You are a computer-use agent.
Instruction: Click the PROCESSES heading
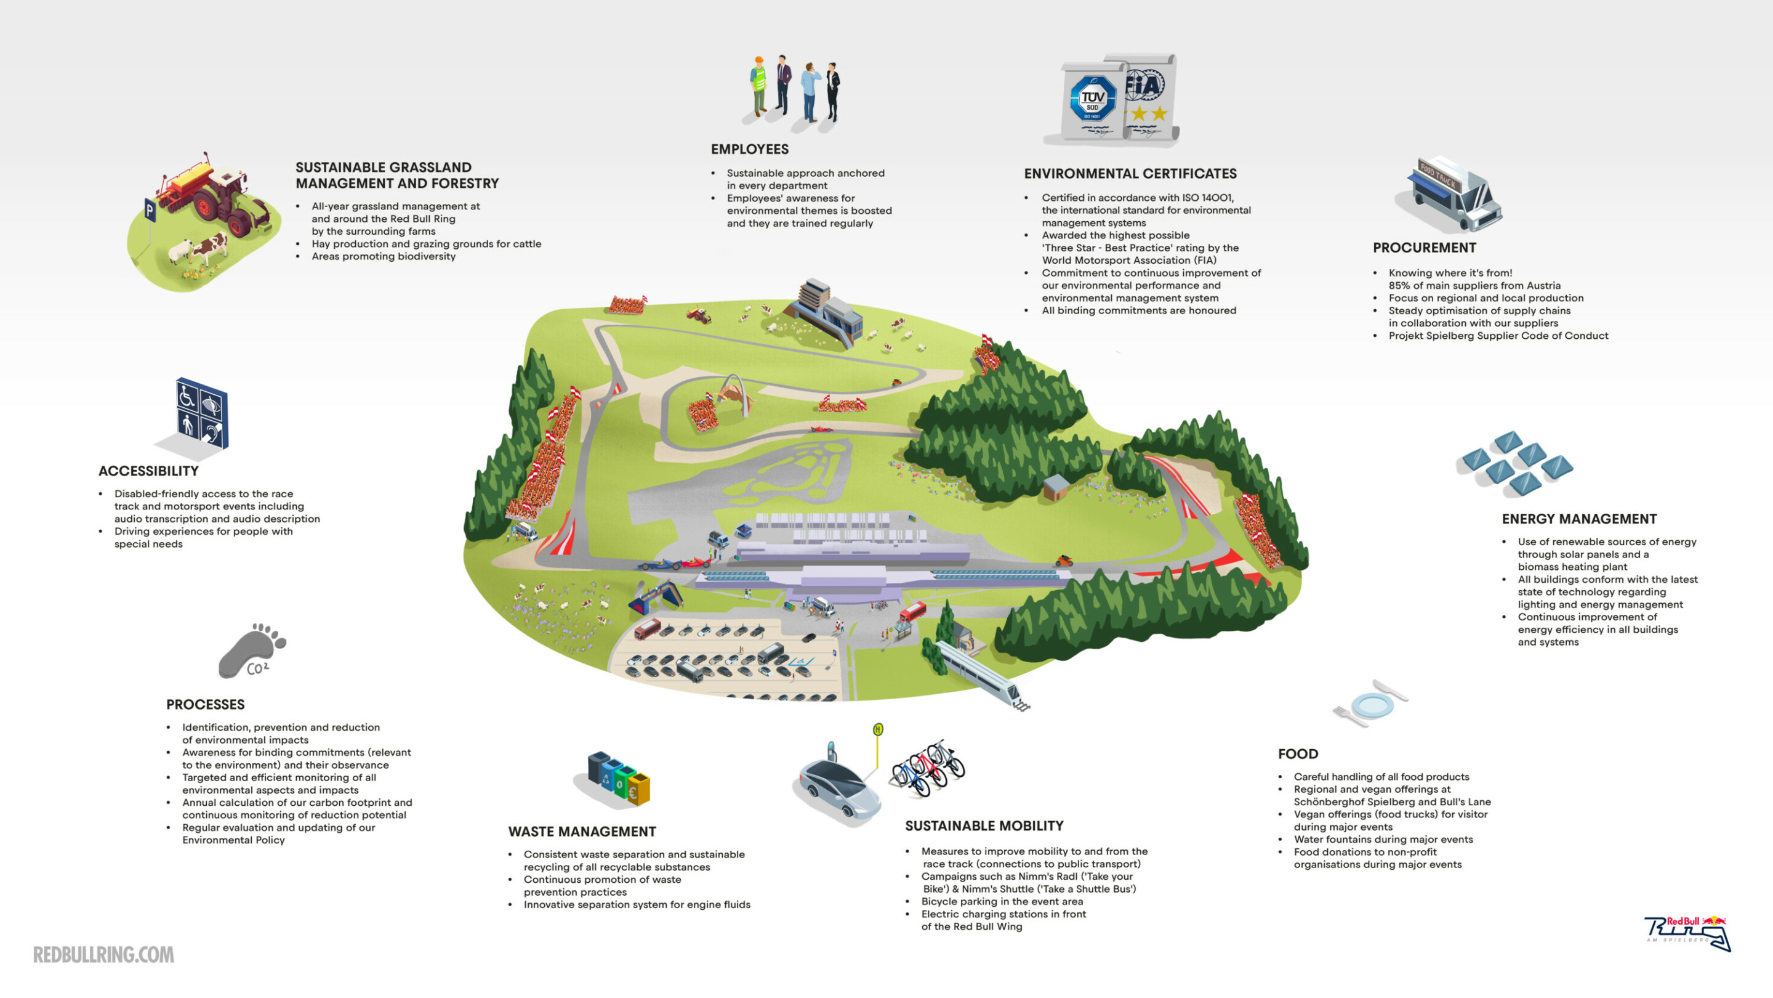coord(205,705)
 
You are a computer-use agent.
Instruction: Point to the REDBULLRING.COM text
coord(103,955)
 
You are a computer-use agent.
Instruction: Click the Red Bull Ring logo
coord(1687,933)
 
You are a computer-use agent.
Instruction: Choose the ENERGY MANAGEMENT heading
coord(1579,519)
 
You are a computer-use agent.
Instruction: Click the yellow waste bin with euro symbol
coord(639,789)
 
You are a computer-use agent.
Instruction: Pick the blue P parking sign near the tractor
coord(150,209)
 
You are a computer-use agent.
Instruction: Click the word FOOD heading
coord(1297,754)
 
